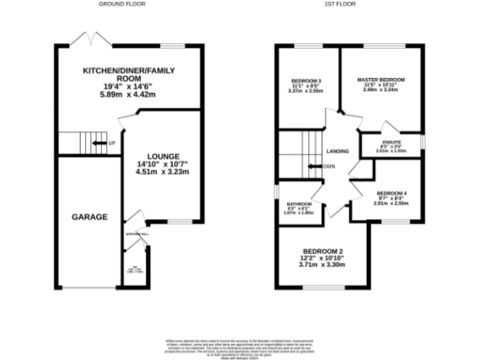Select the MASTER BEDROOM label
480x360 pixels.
point(381,80)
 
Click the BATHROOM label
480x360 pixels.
point(298,203)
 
